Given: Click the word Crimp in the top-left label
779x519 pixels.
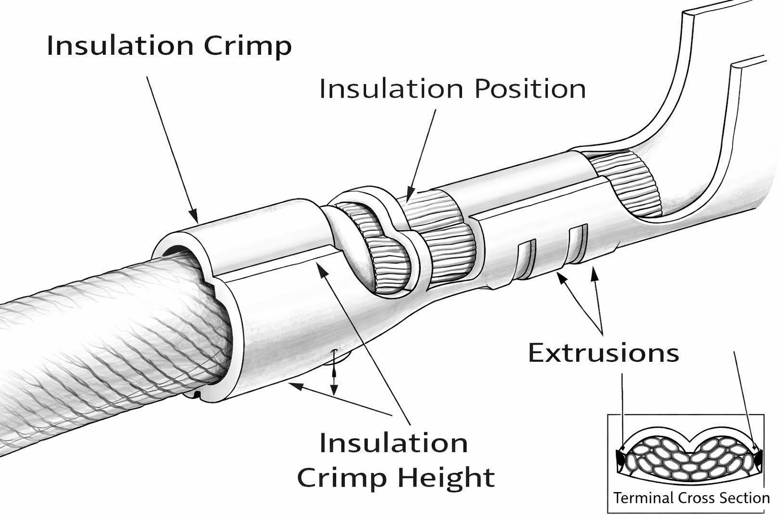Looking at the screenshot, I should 247,47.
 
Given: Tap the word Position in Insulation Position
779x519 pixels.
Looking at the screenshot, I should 530,89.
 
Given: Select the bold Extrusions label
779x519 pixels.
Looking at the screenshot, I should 603,353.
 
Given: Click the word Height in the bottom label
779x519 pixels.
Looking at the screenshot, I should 446,477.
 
